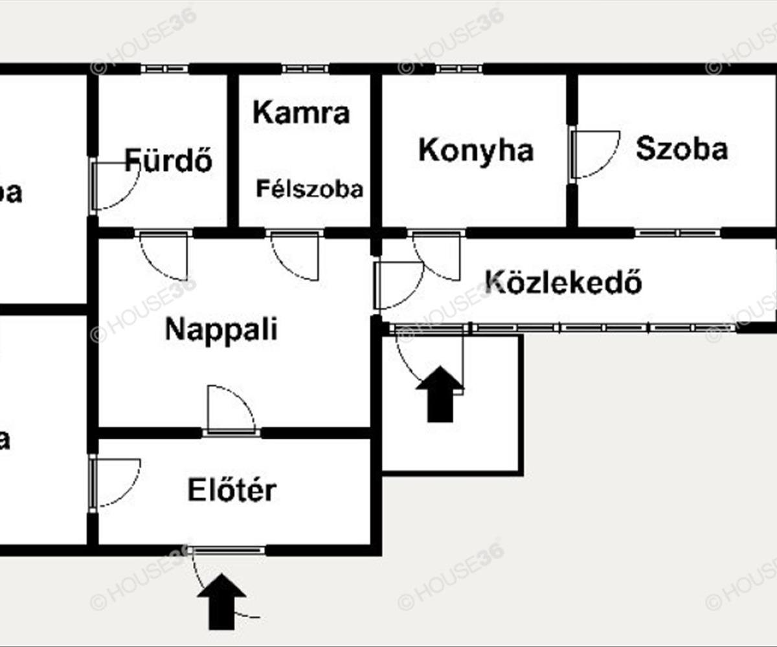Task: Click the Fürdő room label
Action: coord(168,160)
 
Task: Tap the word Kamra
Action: coord(301,113)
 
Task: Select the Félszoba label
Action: coord(310,190)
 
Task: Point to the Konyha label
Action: coord(476,150)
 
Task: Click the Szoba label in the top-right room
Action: coord(681,149)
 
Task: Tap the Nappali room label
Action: coord(221,329)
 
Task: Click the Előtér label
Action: coord(232,490)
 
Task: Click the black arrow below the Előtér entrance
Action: coord(222,601)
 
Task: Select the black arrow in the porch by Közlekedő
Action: coord(440,393)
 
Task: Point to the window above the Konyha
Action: coord(458,69)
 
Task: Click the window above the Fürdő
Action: coord(164,69)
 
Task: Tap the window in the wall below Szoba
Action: coord(677,233)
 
